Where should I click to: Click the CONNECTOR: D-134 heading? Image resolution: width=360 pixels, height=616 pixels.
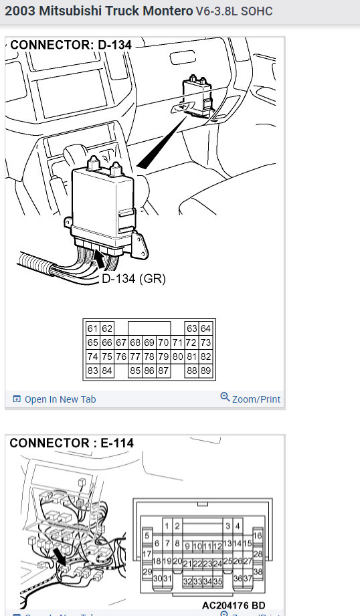[x=71, y=45]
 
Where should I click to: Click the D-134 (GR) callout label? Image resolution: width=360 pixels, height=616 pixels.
[x=133, y=278]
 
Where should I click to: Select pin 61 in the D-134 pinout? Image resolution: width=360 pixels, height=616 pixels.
[x=92, y=328]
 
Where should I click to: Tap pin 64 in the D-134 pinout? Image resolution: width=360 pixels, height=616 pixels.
[x=205, y=328]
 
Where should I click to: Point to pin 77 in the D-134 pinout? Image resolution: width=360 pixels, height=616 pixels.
[x=135, y=356]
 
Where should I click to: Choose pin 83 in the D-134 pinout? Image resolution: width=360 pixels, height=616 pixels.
[x=92, y=371]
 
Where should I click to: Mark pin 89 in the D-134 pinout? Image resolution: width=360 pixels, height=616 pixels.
[x=205, y=371]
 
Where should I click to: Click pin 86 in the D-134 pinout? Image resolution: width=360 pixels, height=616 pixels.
[x=149, y=371]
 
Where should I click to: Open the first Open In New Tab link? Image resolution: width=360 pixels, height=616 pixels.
[x=60, y=399]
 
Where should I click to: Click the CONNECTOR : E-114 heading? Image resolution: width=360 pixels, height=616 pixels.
[x=72, y=443]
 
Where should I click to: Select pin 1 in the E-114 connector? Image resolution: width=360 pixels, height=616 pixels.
[x=169, y=527]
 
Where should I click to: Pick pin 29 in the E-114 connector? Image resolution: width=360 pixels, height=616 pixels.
[x=147, y=572]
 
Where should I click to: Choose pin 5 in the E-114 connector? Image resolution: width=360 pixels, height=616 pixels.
[x=147, y=536]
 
